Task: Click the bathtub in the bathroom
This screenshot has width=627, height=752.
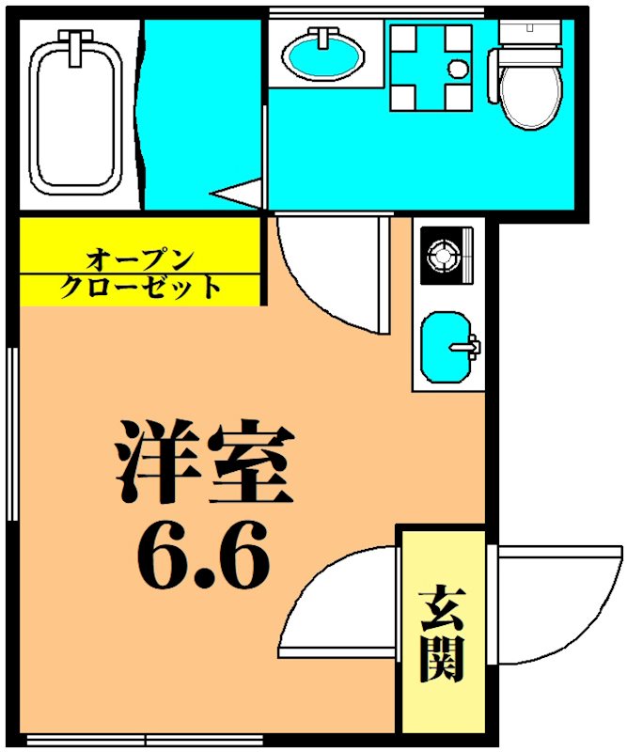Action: [78, 113]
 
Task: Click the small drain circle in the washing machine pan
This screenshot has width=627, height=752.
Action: [457, 69]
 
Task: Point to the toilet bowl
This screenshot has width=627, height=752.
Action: [527, 89]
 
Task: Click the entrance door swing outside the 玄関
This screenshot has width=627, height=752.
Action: [555, 602]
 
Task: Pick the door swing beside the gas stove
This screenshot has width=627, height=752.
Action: [334, 273]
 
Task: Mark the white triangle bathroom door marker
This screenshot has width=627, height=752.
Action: [235, 194]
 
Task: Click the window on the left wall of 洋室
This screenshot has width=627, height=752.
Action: [13, 432]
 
